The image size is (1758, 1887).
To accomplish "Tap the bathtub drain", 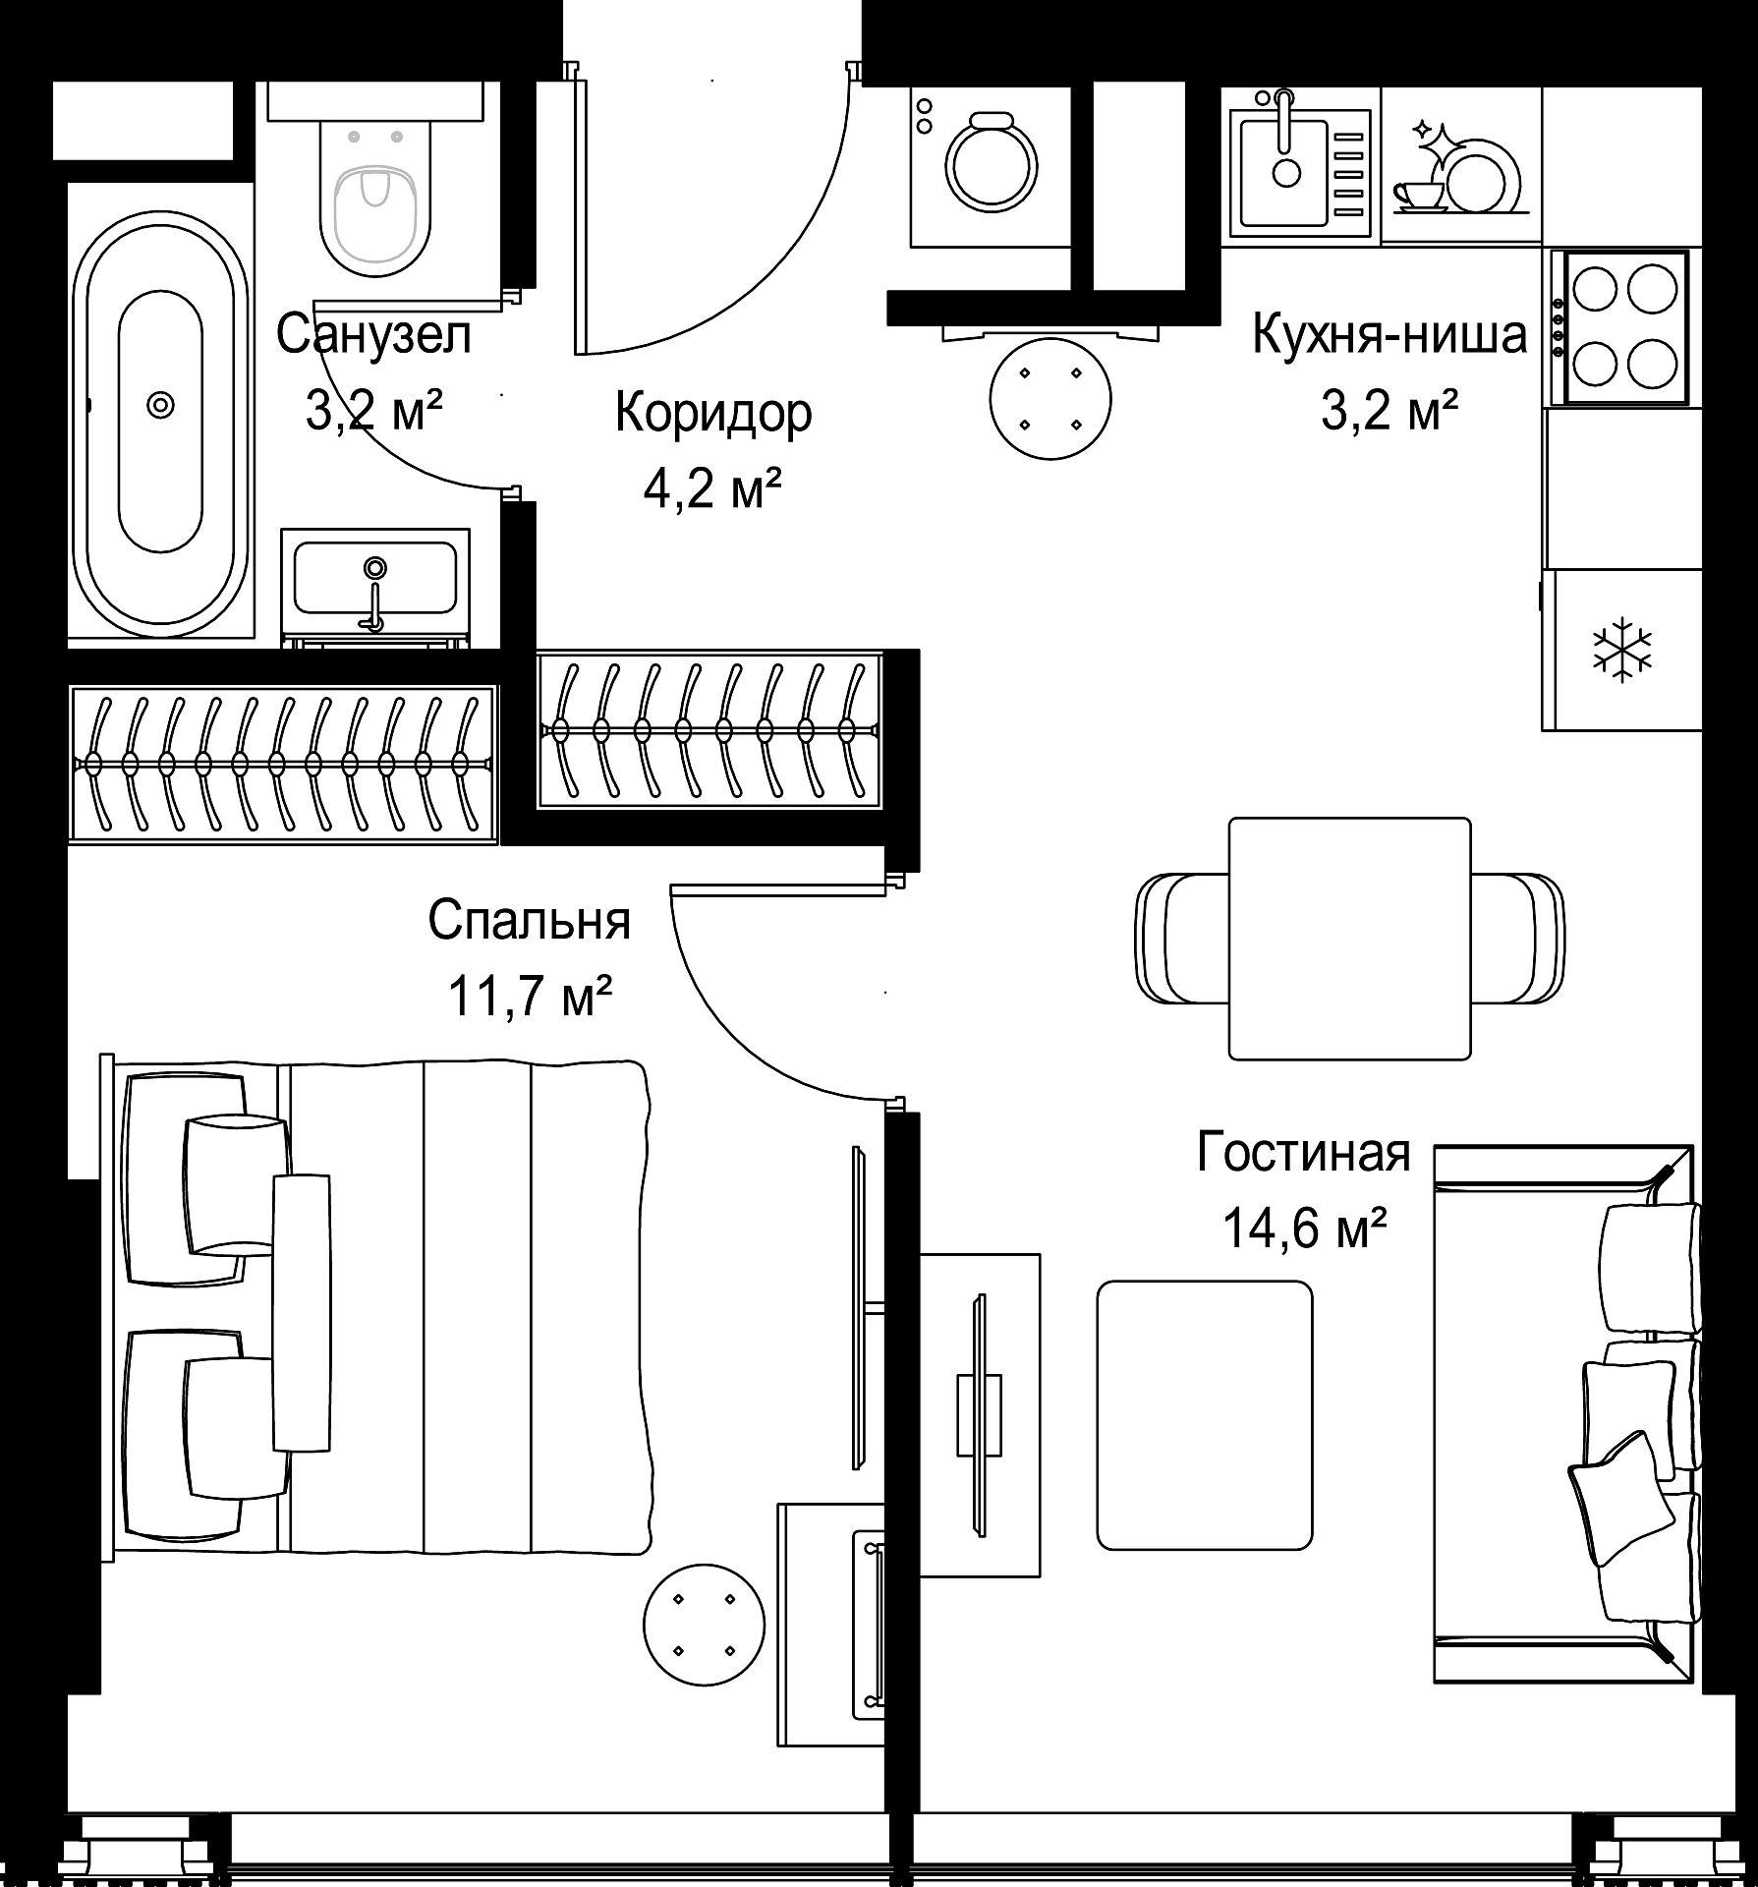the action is (x=159, y=404).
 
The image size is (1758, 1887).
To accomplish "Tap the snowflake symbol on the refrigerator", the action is (x=1621, y=649).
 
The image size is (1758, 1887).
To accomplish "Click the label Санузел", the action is (x=374, y=334).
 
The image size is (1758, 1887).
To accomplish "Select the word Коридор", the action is (x=713, y=413).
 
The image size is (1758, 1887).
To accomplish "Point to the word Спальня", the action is (x=529, y=921).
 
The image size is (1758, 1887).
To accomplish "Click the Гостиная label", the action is (x=1303, y=1152).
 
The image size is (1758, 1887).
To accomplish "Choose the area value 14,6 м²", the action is (x=1304, y=1229).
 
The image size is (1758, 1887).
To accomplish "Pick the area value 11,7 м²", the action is (x=531, y=998).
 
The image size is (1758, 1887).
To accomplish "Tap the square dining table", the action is (x=1350, y=939).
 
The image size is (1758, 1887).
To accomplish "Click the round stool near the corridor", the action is (x=1050, y=399).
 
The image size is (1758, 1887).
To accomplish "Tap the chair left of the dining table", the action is (x=1183, y=939).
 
